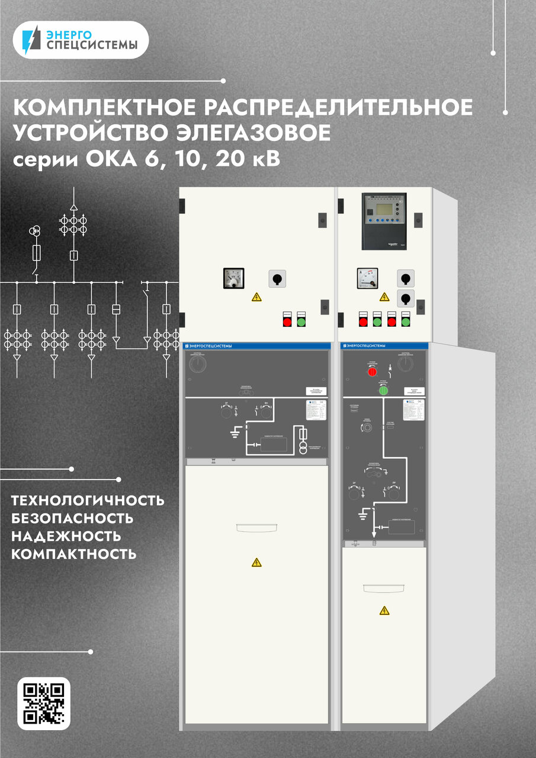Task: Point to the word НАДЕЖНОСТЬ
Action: coord(66,537)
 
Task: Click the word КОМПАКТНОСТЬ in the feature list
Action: coord(74,555)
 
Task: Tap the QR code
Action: coord(44,704)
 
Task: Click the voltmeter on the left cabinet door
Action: coord(233,278)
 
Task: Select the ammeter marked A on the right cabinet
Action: coord(367,278)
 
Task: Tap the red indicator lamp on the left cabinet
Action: coord(287,322)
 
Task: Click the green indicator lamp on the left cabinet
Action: coord(301,322)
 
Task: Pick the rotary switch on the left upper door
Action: coord(277,278)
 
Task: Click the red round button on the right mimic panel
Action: coord(373,371)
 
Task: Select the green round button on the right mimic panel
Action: coord(383,390)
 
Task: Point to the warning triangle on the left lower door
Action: coord(256,562)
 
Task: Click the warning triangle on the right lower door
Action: coord(384,610)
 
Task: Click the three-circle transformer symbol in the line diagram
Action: coord(37,230)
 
